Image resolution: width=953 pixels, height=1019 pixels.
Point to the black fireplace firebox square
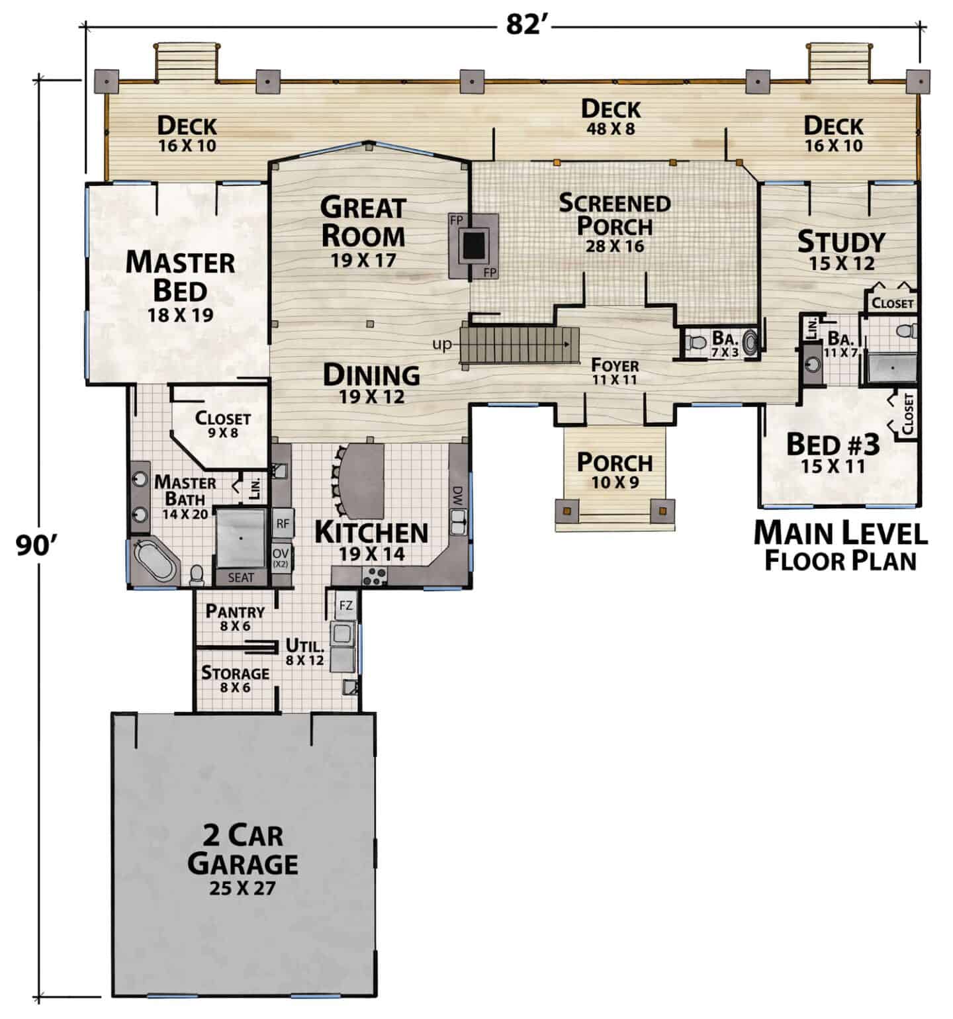coord(473,245)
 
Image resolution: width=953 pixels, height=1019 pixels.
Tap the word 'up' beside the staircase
coord(441,345)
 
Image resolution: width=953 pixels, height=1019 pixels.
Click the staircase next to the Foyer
coord(520,345)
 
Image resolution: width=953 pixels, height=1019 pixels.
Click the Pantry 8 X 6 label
coord(235,618)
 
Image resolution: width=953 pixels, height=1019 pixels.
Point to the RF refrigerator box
coord(283,523)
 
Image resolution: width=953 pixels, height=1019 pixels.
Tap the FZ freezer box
coord(346,605)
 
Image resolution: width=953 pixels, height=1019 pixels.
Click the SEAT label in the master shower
coord(241,578)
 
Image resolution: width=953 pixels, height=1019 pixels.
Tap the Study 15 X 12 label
coord(841,250)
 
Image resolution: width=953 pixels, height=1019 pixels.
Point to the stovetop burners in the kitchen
coord(375,576)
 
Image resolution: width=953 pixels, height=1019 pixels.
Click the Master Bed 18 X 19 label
coord(180,285)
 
